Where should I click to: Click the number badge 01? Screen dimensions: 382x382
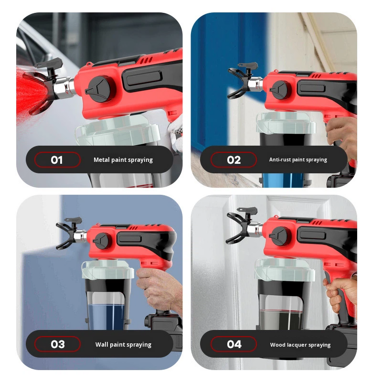pyautogui.click(x=57, y=159)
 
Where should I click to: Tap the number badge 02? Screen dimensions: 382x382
pyautogui.click(x=233, y=159)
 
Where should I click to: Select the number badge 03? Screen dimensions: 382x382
pyautogui.click(x=57, y=344)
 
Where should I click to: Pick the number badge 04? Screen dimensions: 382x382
pyautogui.click(x=233, y=344)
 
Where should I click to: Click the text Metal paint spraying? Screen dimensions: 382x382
pyautogui.click(x=123, y=160)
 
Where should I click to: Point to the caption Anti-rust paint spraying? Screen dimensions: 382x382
pyautogui.click(x=298, y=160)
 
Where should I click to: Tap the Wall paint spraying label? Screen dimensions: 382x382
pyautogui.click(x=123, y=344)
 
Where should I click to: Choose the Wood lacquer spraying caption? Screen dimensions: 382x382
pyautogui.click(x=300, y=344)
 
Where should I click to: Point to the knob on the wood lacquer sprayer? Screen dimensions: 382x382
pyautogui.click(x=279, y=236)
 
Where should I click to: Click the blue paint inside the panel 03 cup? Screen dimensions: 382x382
pyautogui.click(x=107, y=310)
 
